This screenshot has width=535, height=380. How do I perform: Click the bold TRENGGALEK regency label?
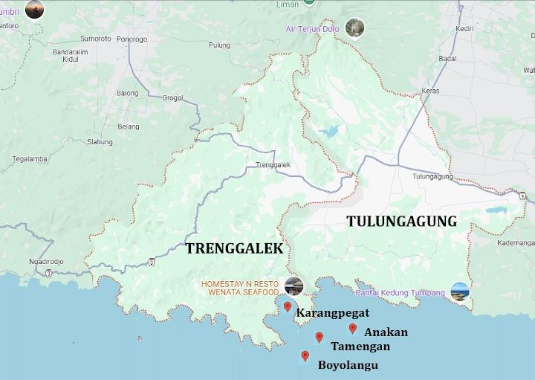235,248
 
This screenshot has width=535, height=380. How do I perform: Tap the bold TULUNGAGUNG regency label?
401,221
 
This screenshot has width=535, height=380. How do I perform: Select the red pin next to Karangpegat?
288,307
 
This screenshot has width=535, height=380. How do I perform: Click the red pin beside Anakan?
353,329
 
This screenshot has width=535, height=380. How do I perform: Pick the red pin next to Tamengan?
320,337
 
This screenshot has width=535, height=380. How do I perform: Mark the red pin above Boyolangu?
305,355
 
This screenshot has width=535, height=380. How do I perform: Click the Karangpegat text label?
332,313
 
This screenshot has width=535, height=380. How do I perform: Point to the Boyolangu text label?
347,365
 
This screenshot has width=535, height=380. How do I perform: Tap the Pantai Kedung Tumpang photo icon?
460,292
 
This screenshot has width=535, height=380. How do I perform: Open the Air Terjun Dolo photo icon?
355,28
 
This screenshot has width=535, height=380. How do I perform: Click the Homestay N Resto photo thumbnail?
294,286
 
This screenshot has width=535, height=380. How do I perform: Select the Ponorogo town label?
133,39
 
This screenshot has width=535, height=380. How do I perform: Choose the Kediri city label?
464,29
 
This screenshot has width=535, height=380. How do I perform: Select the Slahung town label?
100,142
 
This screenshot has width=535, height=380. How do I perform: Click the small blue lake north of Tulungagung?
328,132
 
